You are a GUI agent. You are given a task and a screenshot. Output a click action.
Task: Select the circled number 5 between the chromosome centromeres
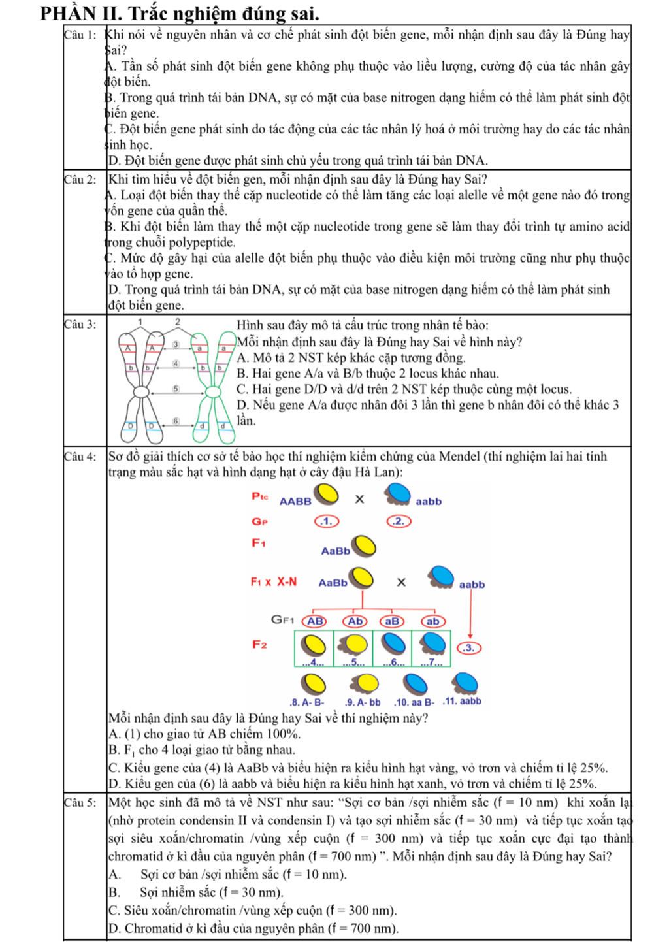coord(175,389)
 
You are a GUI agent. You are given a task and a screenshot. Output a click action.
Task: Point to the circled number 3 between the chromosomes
coord(175,344)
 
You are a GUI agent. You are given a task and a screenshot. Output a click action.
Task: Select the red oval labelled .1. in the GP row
coord(327,521)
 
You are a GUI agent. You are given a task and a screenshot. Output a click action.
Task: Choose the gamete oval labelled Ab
coord(355,621)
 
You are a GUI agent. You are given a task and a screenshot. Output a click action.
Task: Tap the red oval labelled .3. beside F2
coord(470,648)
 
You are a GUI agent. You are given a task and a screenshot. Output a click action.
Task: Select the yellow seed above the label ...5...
coord(353,645)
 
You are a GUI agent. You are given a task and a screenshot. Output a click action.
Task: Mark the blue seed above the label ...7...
coord(432,645)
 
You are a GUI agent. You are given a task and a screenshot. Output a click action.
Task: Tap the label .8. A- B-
coord(306,703)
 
